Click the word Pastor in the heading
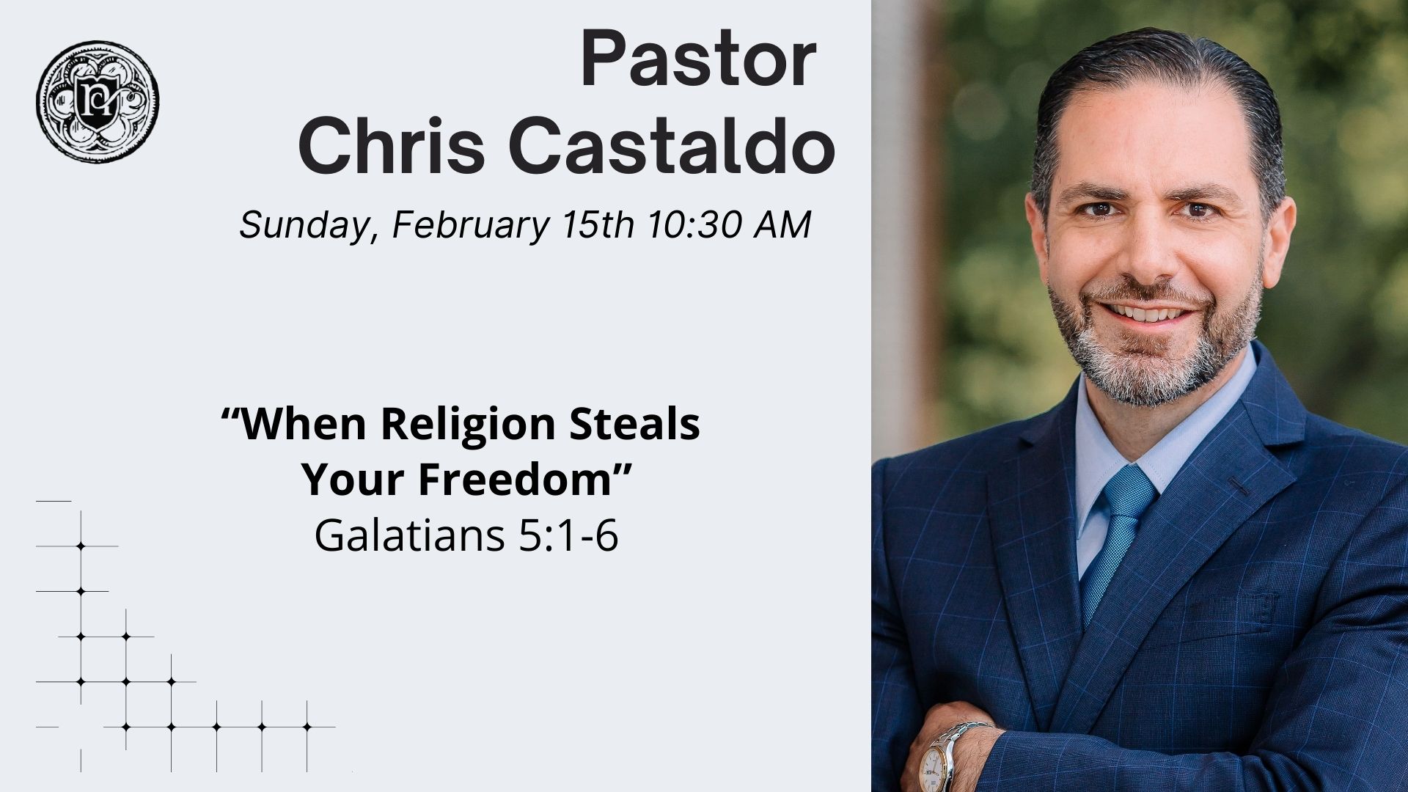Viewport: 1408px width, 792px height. [x=697, y=60]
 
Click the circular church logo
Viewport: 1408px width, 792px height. [x=98, y=101]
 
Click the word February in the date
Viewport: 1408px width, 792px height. [x=470, y=225]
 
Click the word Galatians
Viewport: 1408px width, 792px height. [x=408, y=536]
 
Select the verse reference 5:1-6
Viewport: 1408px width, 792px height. [x=568, y=536]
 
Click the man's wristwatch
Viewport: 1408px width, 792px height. [x=942, y=755]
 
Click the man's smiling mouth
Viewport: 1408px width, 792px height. [x=1148, y=314]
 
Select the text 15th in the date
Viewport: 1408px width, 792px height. [x=597, y=225]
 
